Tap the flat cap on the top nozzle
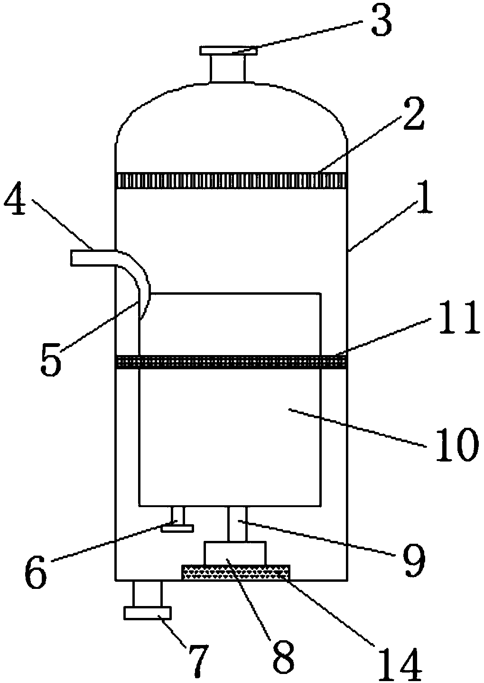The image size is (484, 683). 227,50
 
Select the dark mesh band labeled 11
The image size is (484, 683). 231,362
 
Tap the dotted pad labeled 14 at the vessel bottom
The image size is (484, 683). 235,572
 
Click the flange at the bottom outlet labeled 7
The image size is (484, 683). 148,613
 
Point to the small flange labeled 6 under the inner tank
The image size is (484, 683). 177,528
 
